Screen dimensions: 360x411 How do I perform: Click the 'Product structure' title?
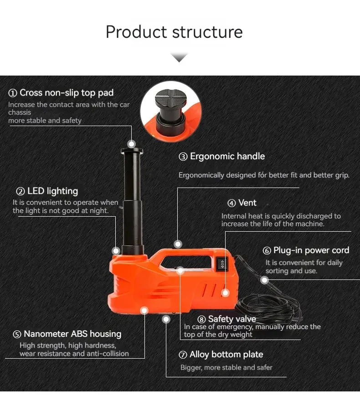click(x=174, y=32)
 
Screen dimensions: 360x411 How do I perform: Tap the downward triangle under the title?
click(x=179, y=57)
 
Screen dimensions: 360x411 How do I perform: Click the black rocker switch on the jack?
click(x=222, y=264)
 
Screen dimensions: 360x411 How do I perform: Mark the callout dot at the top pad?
click(x=132, y=144)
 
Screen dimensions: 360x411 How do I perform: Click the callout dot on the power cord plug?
click(x=265, y=280)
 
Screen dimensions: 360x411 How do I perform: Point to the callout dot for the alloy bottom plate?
click(x=166, y=319)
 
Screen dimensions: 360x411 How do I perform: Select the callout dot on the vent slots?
click(x=225, y=293)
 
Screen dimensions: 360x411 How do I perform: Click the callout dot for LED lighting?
click(x=116, y=250)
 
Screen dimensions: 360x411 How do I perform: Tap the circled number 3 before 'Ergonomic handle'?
click(x=183, y=157)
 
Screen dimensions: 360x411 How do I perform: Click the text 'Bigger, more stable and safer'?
click(x=226, y=367)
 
